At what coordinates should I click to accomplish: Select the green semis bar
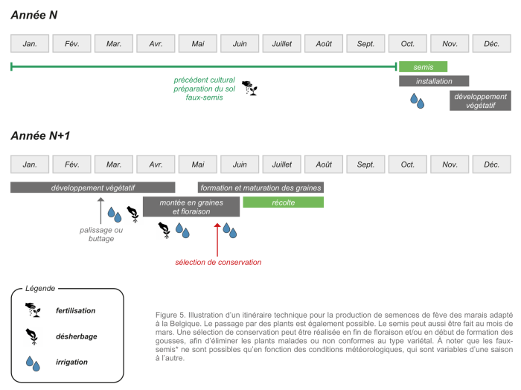point(423,67)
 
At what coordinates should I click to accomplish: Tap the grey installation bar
point(434,81)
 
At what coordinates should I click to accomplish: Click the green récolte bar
point(283,202)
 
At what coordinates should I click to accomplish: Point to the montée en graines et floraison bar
point(191,207)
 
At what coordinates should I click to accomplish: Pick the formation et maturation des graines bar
point(260,188)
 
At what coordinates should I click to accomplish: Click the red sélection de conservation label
point(218,262)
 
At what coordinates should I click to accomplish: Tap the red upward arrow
point(217,237)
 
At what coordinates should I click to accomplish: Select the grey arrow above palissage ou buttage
point(101,212)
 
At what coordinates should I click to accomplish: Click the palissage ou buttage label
point(101,234)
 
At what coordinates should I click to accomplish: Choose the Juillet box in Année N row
point(281,44)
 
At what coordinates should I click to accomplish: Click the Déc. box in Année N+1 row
point(491,164)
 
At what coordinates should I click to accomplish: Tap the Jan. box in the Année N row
point(31,44)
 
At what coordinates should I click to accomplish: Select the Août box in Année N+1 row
point(324,164)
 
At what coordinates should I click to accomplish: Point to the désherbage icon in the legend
point(32,335)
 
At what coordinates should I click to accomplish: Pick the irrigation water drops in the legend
point(32,362)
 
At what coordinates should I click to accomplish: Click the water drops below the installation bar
point(417,100)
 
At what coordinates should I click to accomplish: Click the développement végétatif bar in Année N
point(480,100)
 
